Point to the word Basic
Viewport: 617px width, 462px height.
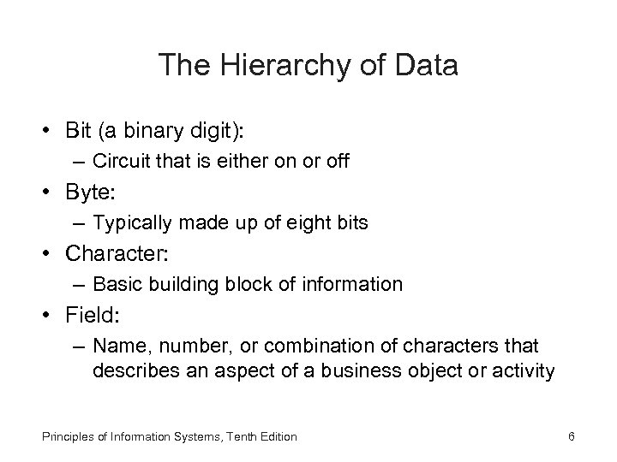click(114, 284)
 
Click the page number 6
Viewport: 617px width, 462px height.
click(571, 437)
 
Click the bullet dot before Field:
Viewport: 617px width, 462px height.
click(52, 316)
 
